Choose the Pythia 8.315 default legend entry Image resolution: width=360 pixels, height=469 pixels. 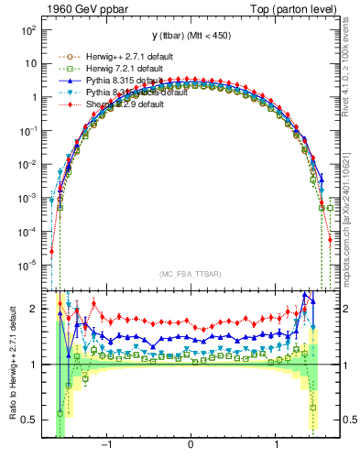[x=107, y=81]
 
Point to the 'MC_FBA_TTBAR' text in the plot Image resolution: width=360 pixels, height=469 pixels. [x=190, y=274]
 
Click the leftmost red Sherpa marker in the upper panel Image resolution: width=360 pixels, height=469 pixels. [x=52, y=251]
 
